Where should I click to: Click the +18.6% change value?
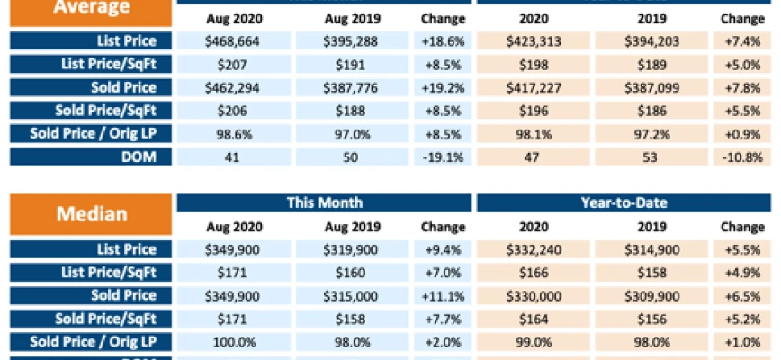pyautogui.click(x=443, y=41)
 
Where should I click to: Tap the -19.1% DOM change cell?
pyautogui.click(x=443, y=157)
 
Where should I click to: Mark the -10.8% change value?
pyautogui.click(x=741, y=157)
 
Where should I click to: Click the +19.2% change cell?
pyautogui.click(x=443, y=87)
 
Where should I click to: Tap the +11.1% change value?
pyautogui.click(x=443, y=295)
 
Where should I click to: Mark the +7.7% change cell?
pyautogui.click(x=443, y=319)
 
